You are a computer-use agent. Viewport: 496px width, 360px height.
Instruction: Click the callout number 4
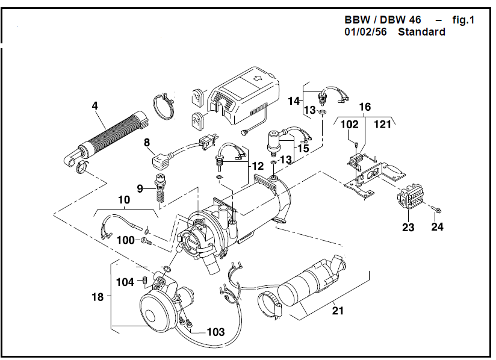click(x=95, y=106)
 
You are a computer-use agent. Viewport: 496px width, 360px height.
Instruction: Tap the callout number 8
click(x=146, y=143)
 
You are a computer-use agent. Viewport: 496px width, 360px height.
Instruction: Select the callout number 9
click(x=140, y=188)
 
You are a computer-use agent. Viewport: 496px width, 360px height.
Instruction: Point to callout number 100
click(x=126, y=240)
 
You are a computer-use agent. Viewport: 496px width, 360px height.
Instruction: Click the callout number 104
click(x=125, y=282)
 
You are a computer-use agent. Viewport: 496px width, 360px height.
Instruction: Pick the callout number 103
click(x=215, y=332)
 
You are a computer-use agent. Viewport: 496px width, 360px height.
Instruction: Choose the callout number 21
click(x=338, y=311)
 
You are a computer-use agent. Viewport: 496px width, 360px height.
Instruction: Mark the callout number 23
click(x=408, y=227)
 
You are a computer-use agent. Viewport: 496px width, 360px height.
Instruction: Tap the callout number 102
click(x=350, y=125)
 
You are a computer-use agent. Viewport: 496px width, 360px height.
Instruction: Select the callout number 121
click(x=382, y=125)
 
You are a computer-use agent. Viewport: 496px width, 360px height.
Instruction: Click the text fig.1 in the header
click(x=463, y=20)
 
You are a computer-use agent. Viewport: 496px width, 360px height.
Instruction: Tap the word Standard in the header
click(x=421, y=32)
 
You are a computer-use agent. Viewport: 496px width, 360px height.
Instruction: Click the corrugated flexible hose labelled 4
click(x=108, y=137)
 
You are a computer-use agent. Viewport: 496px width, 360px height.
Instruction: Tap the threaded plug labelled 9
click(x=161, y=186)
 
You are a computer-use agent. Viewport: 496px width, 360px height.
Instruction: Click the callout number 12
click(x=258, y=166)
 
